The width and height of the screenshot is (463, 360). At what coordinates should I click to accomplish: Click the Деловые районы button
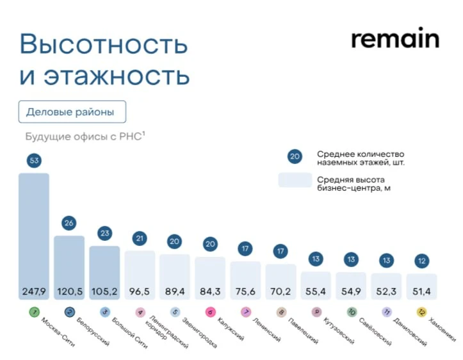point(72,112)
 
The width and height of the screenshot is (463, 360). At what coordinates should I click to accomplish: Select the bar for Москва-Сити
point(33,231)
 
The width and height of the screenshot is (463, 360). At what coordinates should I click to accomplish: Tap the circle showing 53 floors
point(34,160)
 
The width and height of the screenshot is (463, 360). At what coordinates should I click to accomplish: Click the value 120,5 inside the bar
point(69,291)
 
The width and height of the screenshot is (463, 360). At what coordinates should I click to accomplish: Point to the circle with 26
point(69,223)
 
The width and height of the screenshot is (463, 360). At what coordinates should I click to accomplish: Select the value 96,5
point(139,291)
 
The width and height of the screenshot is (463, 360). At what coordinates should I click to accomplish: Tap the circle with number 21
point(139,238)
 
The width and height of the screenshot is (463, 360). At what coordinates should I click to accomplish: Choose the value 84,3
point(209,291)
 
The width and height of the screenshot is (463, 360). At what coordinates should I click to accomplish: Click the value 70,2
point(280,291)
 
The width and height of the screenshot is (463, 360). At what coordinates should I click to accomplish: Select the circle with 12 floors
point(421,261)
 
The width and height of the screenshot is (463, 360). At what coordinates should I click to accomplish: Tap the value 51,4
point(421,291)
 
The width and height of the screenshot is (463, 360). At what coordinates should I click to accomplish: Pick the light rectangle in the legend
point(295,181)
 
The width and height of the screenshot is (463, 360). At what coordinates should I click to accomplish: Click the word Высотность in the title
point(104,45)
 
